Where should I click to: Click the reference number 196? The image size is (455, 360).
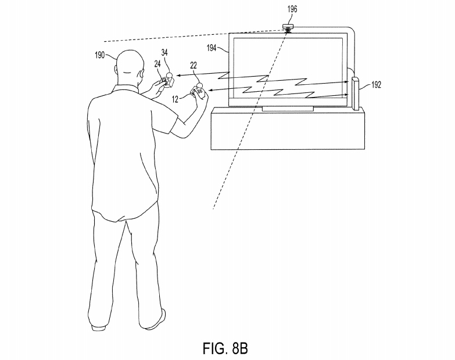(289, 10)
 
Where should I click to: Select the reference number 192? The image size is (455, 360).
(375, 85)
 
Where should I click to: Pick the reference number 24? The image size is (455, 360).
(157, 63)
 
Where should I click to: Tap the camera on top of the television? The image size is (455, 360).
(289, 28)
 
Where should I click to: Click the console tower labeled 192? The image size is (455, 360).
(356, 93)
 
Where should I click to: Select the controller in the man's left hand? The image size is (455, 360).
(167, 81)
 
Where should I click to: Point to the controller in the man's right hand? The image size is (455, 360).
(199, 92)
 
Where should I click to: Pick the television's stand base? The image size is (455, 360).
(287, 109)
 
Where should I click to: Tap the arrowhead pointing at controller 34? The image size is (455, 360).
(177, 75)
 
